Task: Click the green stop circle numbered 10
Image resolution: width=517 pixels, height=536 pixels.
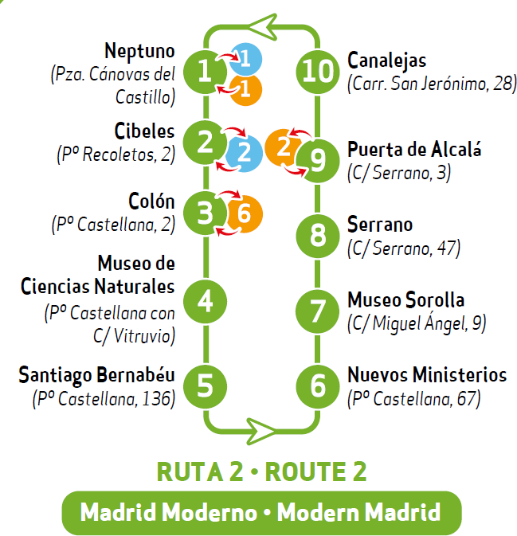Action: (317, 71)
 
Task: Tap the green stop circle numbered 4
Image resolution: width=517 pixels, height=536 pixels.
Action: (206, 301)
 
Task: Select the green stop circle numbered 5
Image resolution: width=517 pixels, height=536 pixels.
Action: (206, 385)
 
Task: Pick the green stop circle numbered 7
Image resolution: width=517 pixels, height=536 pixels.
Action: (317, 310)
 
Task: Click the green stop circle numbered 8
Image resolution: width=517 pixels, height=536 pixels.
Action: (317, 235)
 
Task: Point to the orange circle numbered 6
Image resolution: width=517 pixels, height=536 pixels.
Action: (244, 213)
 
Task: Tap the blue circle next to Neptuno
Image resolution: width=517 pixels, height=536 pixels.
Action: (245, 58)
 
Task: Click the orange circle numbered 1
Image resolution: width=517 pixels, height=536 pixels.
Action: (245, 89)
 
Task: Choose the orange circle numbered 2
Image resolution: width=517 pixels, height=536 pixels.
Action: (281, 146)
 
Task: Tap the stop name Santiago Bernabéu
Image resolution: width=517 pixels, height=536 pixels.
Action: (96, 374)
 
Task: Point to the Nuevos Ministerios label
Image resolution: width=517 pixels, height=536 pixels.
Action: (427, 374)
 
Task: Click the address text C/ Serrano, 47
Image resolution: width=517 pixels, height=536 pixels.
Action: (404, 248)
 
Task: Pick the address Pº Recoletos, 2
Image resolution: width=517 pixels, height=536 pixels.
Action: (116, 154)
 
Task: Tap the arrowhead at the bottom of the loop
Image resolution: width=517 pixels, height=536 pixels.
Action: (260, 430)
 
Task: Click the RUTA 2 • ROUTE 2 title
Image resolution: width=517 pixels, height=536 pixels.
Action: (261, 471)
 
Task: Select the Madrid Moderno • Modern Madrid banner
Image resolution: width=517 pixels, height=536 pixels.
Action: (261, 511)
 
